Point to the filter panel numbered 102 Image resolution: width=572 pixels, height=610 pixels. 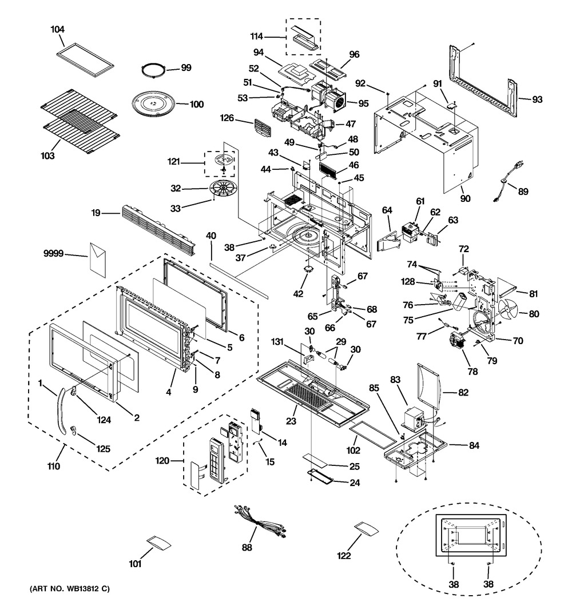pos(373,430)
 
